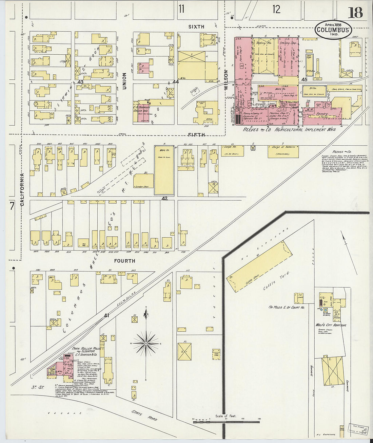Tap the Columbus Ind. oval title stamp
333,30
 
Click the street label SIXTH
196,26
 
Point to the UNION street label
124,81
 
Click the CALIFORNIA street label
22,190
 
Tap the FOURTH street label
125,261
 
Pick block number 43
80,82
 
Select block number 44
175,82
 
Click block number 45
304,79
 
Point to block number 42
164,198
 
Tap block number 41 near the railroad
107,316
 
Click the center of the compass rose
146,344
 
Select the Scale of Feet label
225,416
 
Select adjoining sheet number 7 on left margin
12,206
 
